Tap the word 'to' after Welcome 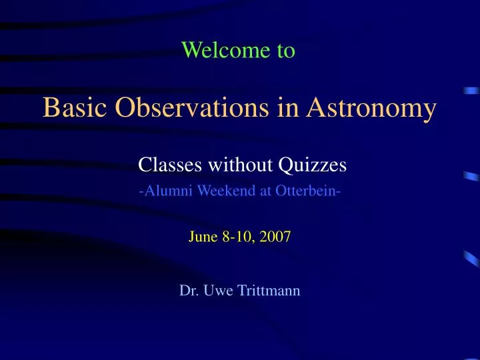coord(286,50)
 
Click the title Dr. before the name coord(189,290)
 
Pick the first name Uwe coord(216,290)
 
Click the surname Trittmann coord(267,290)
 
